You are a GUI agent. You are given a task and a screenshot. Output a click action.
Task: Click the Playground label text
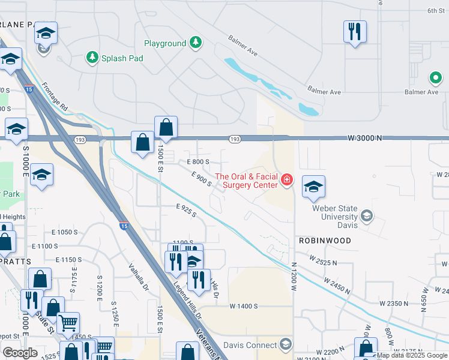click(165, 43)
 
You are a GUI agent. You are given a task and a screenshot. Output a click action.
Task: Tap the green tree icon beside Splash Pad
click(92, 58)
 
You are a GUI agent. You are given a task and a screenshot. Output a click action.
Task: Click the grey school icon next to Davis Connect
click(285, 344)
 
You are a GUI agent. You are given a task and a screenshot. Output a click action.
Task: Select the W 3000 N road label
click(365, 138)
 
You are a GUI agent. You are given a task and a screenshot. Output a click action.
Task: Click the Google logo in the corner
click(20, 353)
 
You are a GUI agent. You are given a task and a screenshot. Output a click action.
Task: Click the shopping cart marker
click(67, 323)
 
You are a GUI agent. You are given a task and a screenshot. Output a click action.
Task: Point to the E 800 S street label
click(198, 162)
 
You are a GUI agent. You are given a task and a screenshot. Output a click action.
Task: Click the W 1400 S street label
click(243, 306)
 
